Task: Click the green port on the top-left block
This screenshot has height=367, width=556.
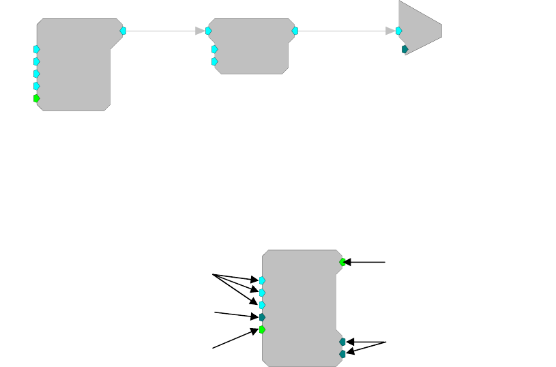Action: pyautogui.click(x=36, y=98)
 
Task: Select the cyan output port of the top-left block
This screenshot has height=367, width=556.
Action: pyautogui.click(x=123, y=31)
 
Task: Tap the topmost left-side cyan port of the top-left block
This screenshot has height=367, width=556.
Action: pyautogui.click(x=36, y=49)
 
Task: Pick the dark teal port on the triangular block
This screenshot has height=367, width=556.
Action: pyautogui.click(x=405, y=49)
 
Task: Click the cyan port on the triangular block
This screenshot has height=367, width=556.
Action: pyautogui.click(x=398, y=31)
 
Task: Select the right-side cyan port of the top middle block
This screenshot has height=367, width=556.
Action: pyautogui.click(x=295, y=31)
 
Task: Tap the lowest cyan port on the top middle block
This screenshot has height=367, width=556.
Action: pyautogui.click(x=214, y=61)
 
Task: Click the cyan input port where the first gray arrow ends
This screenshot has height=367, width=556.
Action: pyautogui.click(x=208, y=31)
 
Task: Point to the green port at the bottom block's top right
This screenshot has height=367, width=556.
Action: pyautogui.click(x=342, y=261)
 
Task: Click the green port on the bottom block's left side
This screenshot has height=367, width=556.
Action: pyautogui.click(x=262, y=329)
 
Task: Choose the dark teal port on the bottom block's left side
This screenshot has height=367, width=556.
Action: pyautogui.click(x=262, y=317)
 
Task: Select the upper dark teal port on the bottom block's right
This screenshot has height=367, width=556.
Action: pyautogui.click(x=342, y=341)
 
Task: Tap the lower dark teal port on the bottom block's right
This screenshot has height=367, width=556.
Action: pyautogui.click(x=342, y=353)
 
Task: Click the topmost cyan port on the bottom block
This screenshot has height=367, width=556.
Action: pyautogui.click(x=262, y=280)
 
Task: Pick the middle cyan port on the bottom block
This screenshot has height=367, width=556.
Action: pyautogui.click(x=262, y=292)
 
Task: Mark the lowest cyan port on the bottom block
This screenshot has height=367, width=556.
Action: pyautogui.click(x=262, y=304)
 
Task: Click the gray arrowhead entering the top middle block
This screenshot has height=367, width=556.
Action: pyautogui.click(x=200, y=31)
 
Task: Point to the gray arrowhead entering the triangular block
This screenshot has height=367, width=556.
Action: pyautogui.click(x=390, y=31)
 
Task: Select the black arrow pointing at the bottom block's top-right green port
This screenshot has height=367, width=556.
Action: pyautogui.click(x=365, y=261)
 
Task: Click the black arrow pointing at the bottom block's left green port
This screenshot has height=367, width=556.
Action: pyautogui.click(x=235, y=339)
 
